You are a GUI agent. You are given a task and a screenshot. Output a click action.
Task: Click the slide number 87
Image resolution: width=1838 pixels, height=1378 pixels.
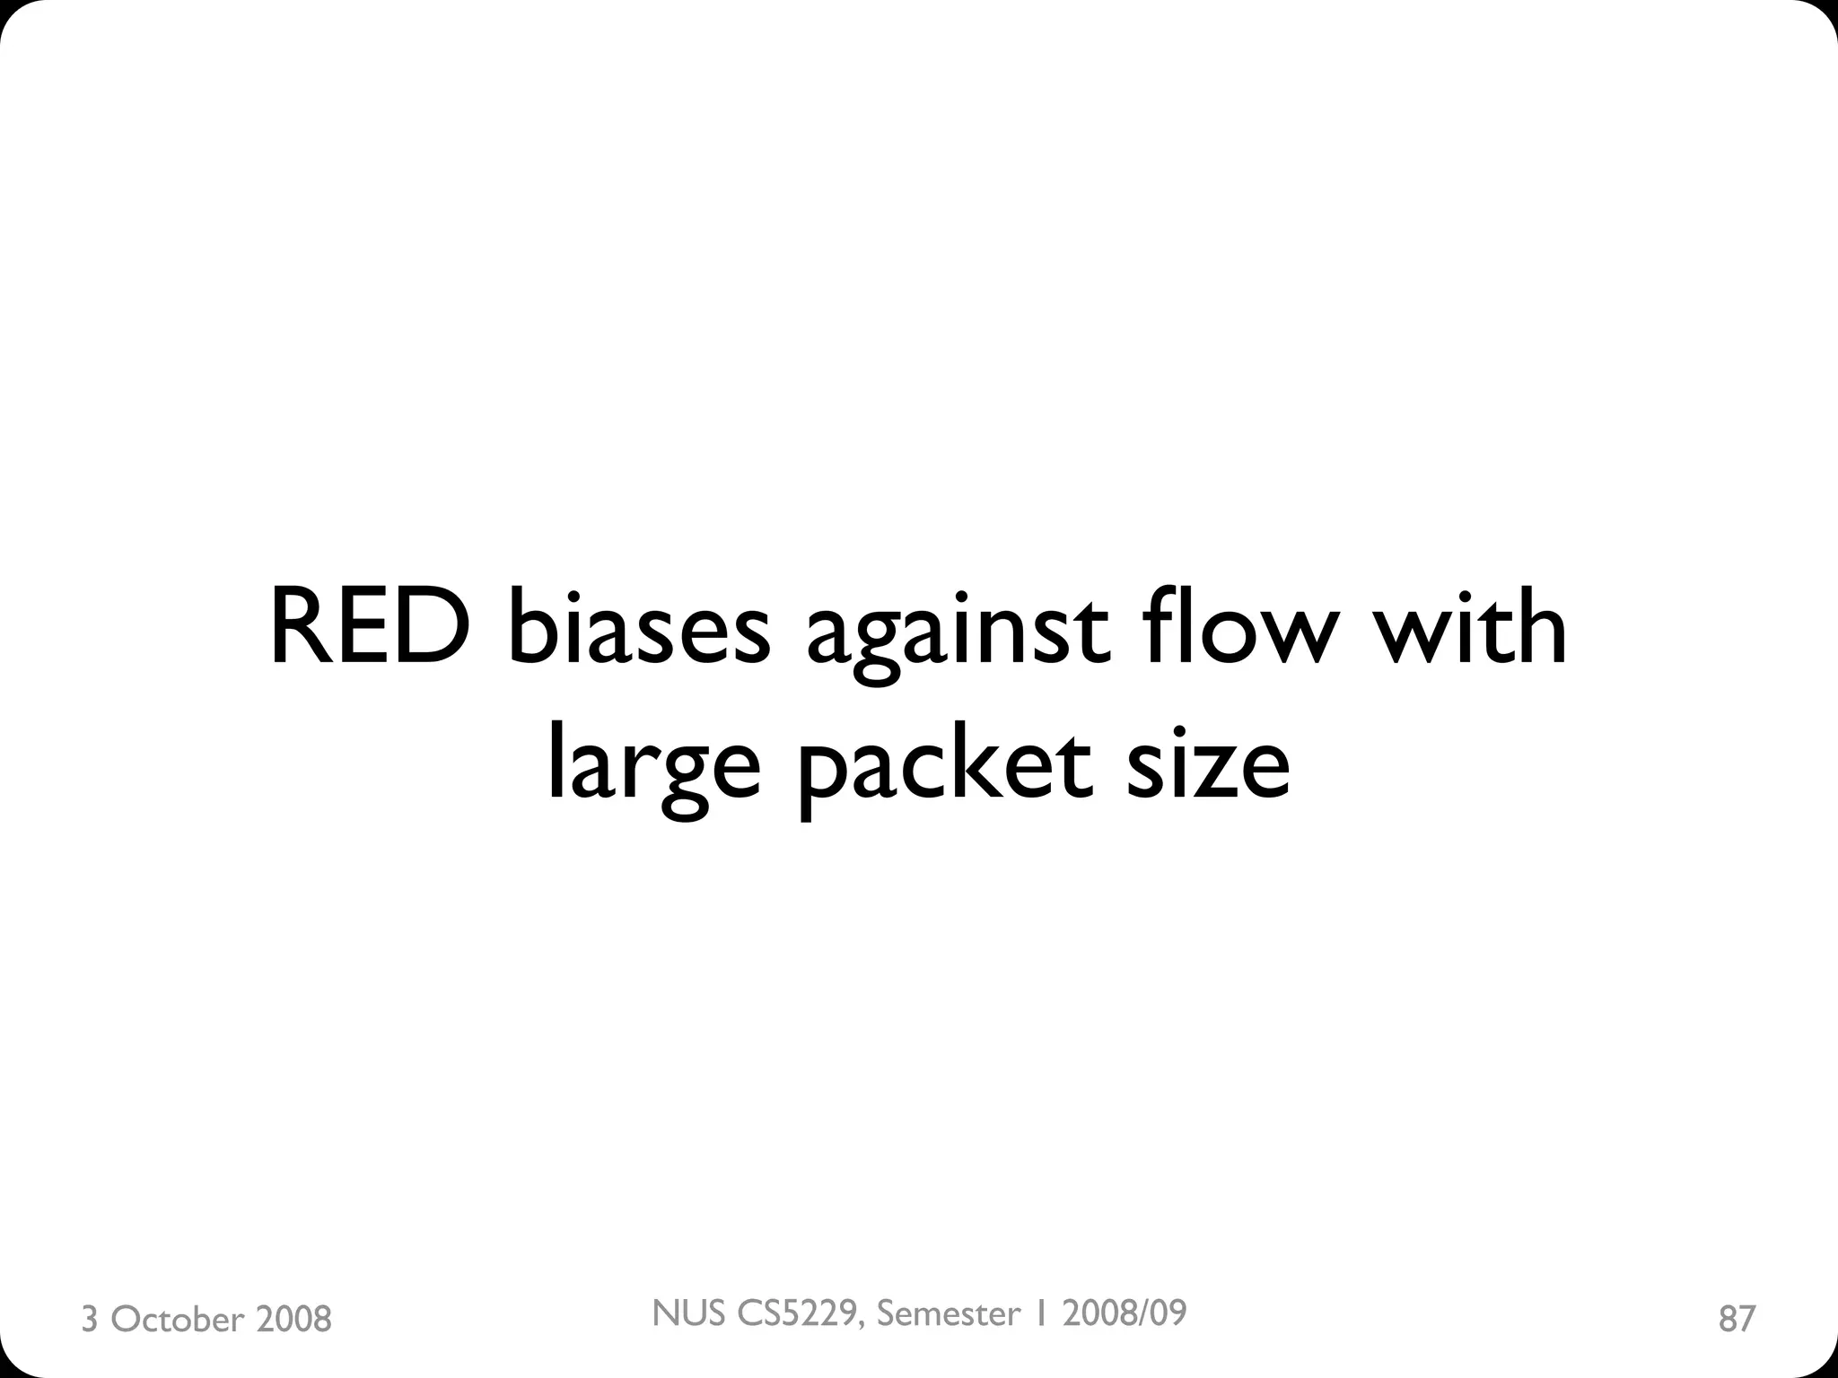[x=1737, y=1319]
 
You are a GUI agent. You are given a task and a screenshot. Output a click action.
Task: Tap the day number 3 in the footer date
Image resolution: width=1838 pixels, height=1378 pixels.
[x=90, y=1320]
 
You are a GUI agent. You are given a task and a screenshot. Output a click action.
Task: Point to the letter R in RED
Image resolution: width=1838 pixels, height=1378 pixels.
[x=300, y=628]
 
